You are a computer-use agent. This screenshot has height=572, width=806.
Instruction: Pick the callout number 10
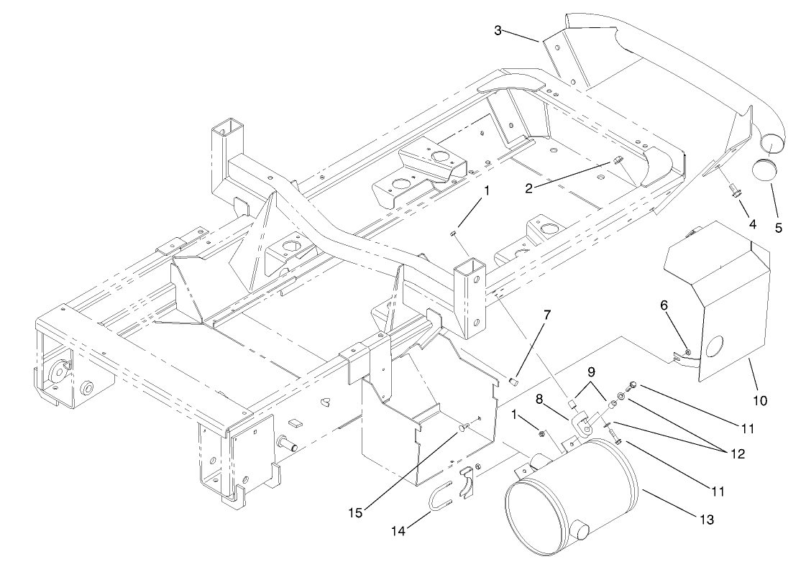[760, 399]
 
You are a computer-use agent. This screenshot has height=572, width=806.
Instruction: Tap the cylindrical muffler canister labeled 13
[568, 499]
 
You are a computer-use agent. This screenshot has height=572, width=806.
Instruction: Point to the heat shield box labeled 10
[719, 302]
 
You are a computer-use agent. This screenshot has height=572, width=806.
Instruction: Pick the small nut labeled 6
[688, 352]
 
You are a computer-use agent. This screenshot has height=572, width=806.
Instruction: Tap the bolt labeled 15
[462, 428]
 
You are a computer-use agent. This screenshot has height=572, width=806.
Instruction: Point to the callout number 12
[733, 453]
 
